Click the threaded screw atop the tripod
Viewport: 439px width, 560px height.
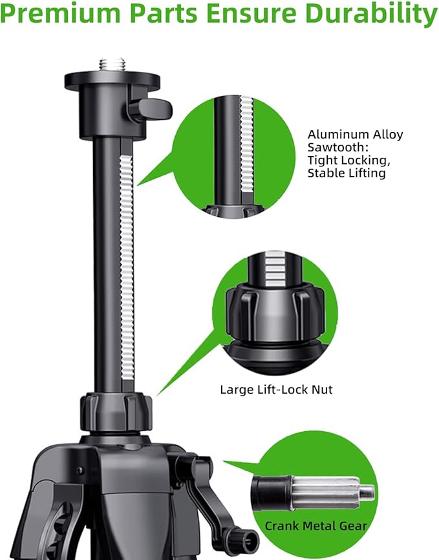point(111,65)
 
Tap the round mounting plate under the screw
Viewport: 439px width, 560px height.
point(111,82)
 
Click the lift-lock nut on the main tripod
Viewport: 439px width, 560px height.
point(116,409)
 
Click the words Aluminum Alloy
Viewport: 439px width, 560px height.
point(355,135)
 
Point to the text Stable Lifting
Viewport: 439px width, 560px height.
point(346,174)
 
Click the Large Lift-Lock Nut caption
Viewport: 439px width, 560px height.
point(277,390)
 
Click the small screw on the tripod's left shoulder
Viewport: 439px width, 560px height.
point(79,471)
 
